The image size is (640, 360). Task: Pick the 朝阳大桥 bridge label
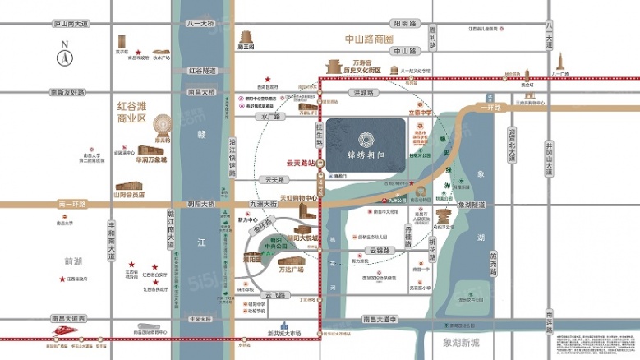(200, 203)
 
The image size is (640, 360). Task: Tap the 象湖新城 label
(463, 341)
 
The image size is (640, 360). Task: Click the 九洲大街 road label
(260, 204)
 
